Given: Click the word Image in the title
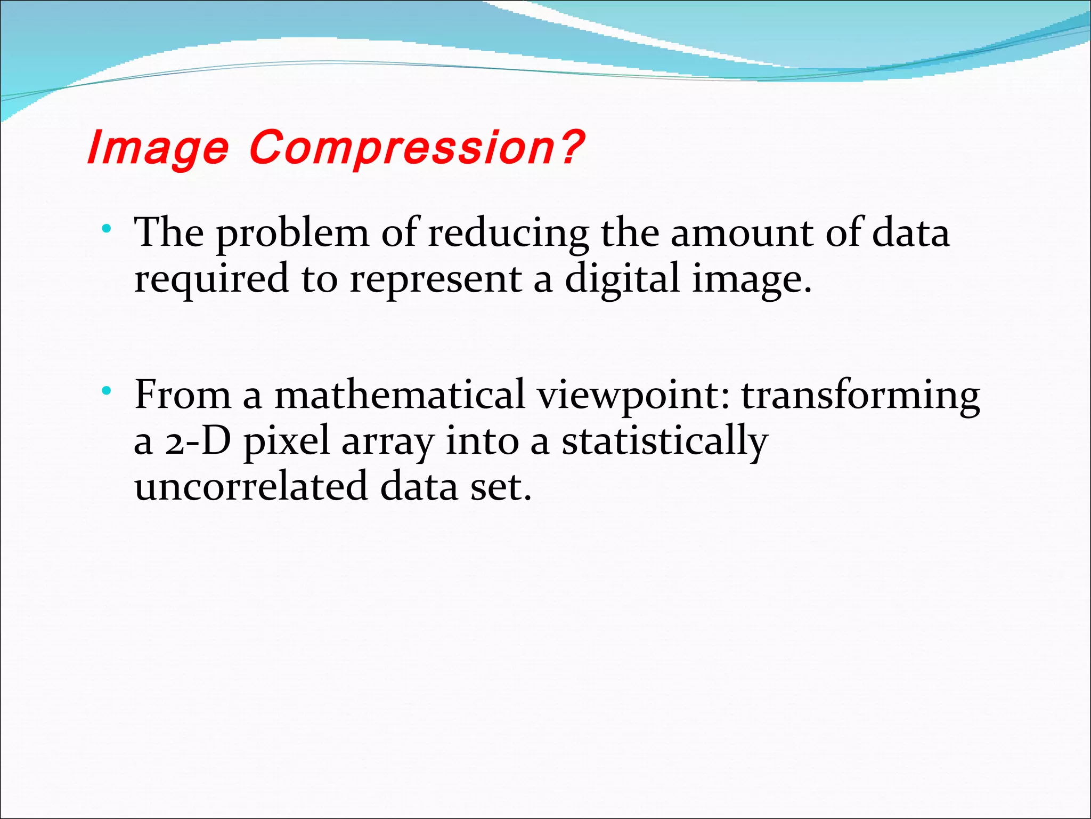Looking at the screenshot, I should [x=158, y=148].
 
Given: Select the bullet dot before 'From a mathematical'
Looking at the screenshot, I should [x=107, y=391].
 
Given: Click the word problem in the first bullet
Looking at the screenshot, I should [x=292, y=235].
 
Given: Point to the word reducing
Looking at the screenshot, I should [x=508, y=235].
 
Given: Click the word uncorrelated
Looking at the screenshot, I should [x=251, y=487].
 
